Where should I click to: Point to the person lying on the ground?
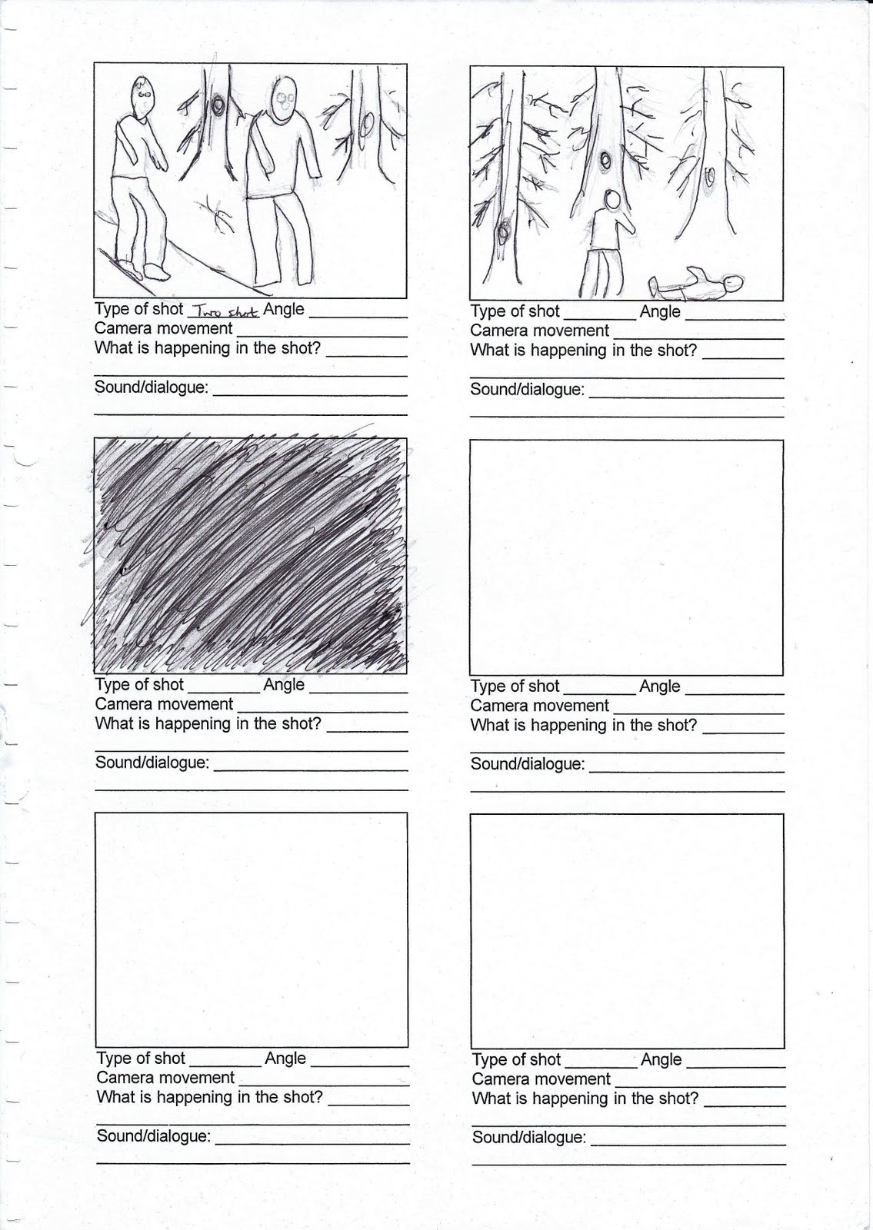[696, 284]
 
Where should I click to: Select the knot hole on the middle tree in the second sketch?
[605, 161]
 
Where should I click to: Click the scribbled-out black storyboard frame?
[251, 555]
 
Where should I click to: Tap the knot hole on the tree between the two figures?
[218, 105]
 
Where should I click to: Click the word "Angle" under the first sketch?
[284, 308]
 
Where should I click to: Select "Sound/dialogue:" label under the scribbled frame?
[152, 763]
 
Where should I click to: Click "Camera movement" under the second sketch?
[539, 331]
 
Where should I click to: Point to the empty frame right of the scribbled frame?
[626, 557]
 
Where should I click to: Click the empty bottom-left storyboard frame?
[252, 929]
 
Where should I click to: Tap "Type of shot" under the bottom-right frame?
[516, 1059]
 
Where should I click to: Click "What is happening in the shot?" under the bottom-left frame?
[209, 1096]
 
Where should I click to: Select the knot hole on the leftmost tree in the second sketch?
[503, 232]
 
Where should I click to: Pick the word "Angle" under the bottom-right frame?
[661, 1059]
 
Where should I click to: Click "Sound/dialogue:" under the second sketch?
[528, 389]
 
